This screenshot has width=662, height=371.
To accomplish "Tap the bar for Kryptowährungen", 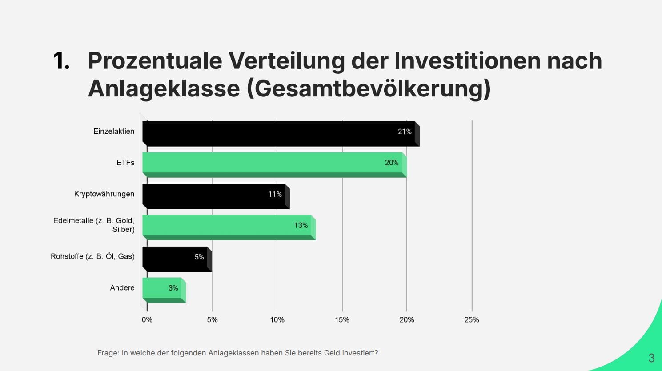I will point(213,195).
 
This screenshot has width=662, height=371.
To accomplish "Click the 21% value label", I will point(405,132).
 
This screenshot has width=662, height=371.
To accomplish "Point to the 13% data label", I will point(301,225).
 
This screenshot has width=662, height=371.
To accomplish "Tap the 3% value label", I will point(173,288).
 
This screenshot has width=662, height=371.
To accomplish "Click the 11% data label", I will point(275,194).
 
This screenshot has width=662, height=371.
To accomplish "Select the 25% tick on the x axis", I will point(472,320).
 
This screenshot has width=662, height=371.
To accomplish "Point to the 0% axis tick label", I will point(147,320).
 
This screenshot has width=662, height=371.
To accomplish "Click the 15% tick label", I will point(342,320).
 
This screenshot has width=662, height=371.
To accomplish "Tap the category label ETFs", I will point(125,163).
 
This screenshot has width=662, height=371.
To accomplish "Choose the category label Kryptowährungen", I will point(104,194).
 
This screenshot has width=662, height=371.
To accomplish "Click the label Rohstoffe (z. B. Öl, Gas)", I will point(92,256).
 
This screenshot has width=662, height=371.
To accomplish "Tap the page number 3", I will point(651,358).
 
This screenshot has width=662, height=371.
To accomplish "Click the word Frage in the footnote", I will point(108,353).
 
